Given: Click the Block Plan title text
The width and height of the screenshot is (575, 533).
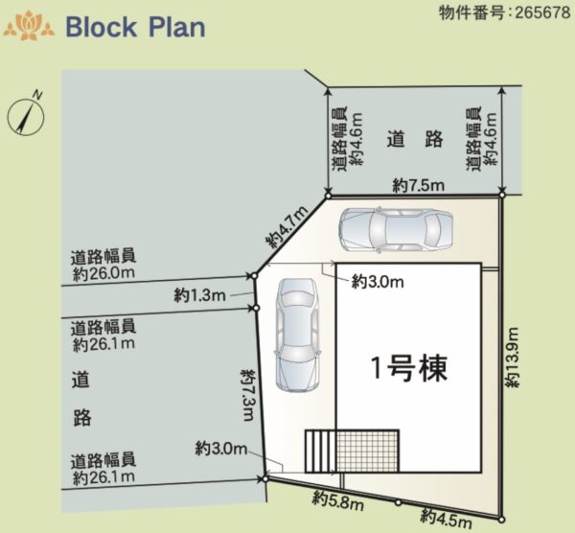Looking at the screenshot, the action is (x=135, y=27).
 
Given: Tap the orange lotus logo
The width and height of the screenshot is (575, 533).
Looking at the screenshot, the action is (x=29, y=26).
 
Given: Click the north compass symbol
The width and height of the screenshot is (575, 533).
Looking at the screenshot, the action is (x=26, y=116).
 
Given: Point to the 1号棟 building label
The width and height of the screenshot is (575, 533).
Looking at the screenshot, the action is (x=409, y=368).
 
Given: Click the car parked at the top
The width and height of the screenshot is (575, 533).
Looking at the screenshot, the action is (x=396, y=230).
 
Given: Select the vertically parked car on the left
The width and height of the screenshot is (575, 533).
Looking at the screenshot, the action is (x=297, y=335).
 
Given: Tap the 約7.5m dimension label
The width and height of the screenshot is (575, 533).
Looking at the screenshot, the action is (x=419, y=185).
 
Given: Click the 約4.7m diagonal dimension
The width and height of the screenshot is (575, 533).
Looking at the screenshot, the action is (x=287, y=227).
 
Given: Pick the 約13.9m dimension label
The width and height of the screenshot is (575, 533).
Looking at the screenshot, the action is (x=513, y=358).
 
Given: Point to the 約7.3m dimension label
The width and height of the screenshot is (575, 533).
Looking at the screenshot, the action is (x=247, y=395).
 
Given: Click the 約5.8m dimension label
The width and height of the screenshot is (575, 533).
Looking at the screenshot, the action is (x=338, y=501).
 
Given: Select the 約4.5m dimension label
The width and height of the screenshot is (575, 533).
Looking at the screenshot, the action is (x=446, y=518).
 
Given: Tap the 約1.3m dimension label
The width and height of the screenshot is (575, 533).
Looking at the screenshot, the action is (x=200, y=295).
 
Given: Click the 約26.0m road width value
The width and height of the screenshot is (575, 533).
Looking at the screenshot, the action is (x=103, y=273).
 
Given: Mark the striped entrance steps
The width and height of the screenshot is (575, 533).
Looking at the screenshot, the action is (x=320, y=451).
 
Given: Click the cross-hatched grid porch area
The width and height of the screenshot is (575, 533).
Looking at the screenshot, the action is (x=367, y=451).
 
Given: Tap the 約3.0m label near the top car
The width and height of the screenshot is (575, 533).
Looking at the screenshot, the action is (x=378, y=282).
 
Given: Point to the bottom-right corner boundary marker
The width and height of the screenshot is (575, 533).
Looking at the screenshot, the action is (x=501, y=520).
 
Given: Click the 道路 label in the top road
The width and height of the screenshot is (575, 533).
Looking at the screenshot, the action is (x=415, y=139).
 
